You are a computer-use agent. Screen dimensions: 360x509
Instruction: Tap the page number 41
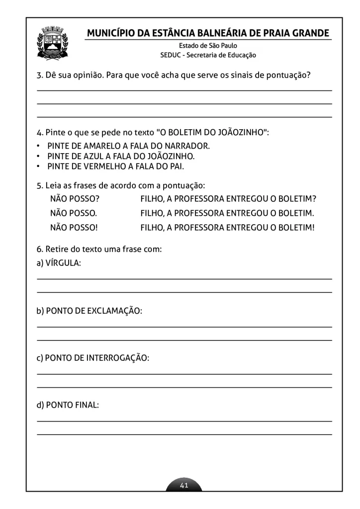[184, 485]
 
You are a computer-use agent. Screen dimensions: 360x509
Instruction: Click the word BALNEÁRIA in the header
[221, 33]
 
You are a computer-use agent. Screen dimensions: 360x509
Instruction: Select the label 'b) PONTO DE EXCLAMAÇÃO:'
[90, 311]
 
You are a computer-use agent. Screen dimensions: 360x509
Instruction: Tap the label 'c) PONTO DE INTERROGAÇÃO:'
[93, 358]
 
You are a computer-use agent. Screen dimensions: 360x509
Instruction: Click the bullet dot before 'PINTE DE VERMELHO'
[39, 167]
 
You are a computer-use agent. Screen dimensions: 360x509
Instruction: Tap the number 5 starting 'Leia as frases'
[39, 185]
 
